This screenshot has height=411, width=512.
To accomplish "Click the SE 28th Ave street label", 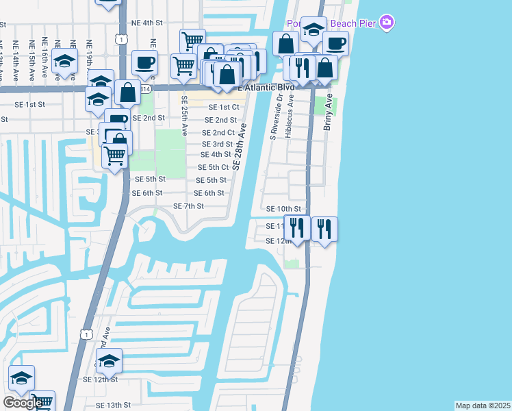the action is [x=239, y=146].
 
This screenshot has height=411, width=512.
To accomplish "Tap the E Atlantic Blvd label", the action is [x=266, y=88].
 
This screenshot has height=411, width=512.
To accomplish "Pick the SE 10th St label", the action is [x=283, y=208].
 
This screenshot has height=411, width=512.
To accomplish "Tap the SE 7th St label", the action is [x=188, y=206].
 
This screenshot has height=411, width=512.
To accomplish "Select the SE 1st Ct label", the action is [x=224, y=107].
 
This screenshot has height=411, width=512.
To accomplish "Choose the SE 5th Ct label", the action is [x=213, y=167].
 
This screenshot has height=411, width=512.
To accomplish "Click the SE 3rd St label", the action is [x=217, y=144].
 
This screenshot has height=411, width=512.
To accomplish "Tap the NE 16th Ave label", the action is [x=45, y=55].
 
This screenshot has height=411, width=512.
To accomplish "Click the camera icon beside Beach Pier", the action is [x=387, y=23].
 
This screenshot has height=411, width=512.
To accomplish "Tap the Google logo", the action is [x=23, y=403].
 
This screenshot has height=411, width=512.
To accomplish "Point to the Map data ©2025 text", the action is [x=483, y=406].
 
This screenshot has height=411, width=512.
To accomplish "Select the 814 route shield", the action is [x=145, y=89].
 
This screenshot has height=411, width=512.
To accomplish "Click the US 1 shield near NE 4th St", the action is [x=122, y=40].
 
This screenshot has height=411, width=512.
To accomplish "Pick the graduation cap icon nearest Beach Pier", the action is [x=313, y=30].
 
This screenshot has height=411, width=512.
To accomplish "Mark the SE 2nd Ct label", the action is [x=218, y=132].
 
